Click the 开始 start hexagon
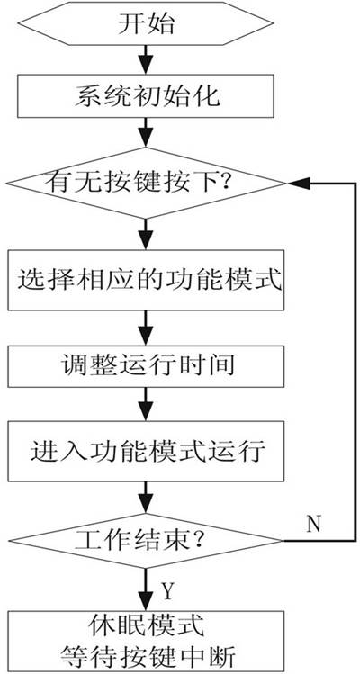146,24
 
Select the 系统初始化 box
146,96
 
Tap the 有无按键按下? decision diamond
146,184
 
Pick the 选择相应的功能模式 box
146,280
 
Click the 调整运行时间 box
146,366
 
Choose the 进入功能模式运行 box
146,452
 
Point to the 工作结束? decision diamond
146,540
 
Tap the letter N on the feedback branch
313,525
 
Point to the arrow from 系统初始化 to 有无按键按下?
146,133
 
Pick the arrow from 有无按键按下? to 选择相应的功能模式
146,235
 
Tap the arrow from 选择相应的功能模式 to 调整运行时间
146,328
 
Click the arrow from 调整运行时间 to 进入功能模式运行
146,404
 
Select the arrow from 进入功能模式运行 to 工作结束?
146,498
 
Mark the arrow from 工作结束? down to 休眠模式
146,589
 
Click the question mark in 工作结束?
198,540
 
